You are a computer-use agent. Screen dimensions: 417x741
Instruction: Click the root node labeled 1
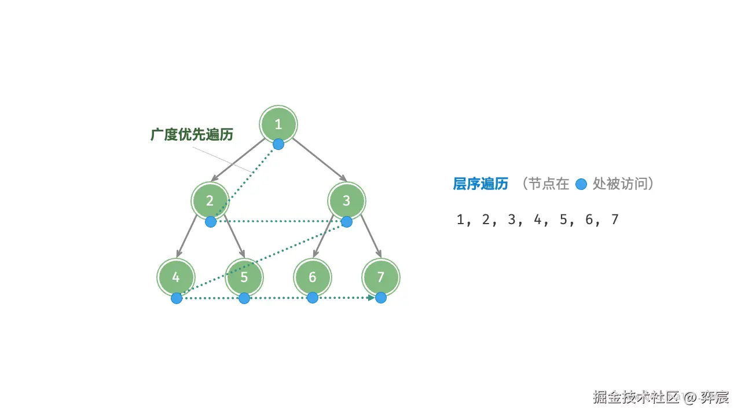278,124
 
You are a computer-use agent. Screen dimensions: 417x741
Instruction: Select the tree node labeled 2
210,200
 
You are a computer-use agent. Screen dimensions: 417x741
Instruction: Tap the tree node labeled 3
346,200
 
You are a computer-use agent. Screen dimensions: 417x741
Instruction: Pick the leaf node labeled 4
175,277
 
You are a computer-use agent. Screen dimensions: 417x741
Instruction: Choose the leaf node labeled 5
244,277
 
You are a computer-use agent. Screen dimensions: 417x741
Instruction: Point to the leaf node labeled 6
312,277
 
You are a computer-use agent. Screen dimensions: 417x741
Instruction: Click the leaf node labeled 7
380,277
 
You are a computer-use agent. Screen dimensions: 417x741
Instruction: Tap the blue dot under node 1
278,144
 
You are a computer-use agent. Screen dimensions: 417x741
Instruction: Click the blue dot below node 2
211,221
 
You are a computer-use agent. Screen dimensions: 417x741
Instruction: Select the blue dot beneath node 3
346,221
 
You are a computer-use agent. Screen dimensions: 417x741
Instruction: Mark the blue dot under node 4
177,298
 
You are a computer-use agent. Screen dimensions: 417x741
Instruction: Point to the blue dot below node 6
313,298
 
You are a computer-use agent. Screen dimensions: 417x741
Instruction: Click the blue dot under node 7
380,298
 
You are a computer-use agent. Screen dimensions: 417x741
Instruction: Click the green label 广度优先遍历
192,135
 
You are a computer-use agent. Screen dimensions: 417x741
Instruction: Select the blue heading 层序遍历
480,184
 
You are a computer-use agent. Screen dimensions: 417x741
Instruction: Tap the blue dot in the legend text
582,185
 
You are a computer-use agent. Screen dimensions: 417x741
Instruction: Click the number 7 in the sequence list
615,220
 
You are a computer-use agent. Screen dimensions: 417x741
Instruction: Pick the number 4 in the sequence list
538,220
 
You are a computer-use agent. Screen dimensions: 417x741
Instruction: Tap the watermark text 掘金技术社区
635,398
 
